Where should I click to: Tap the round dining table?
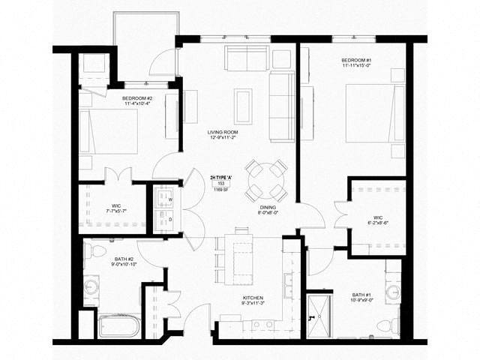[x=266, y=179]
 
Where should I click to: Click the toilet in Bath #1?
[x=387, y=325]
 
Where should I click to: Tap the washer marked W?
[x=164, y=199]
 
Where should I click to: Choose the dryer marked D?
[x=164, y=219]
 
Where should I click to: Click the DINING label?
[x=269, y=209]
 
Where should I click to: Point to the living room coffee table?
[x=243, y=106]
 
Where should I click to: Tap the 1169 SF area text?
[x=221, y=190]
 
